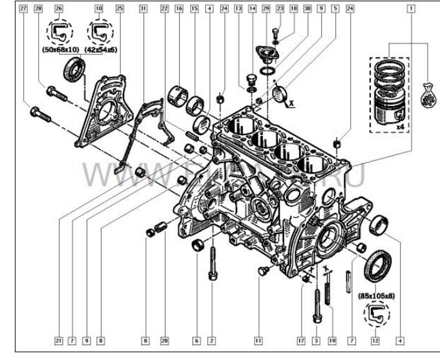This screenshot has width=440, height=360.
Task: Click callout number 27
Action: tap(23, 9)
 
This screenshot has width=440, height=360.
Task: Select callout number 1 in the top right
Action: tap(411, 9)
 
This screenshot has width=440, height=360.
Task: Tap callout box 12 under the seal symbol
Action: tap(375, 339)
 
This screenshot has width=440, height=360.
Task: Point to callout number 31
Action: tap(143, 9)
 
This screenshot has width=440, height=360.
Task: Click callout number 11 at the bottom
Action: tap(258, 339)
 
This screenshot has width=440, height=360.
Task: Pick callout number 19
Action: tap(331, 339)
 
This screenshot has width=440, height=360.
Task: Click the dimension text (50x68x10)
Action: tap(60, 48)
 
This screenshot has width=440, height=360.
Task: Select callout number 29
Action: tap(266, 9)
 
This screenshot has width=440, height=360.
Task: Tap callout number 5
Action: tap(335, 9)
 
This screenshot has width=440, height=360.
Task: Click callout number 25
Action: tap(120, 9)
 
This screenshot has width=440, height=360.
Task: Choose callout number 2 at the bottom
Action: tap(211, 339)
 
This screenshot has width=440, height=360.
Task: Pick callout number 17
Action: tap(301, 339)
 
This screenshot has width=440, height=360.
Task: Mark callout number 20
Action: tap(164, 339)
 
